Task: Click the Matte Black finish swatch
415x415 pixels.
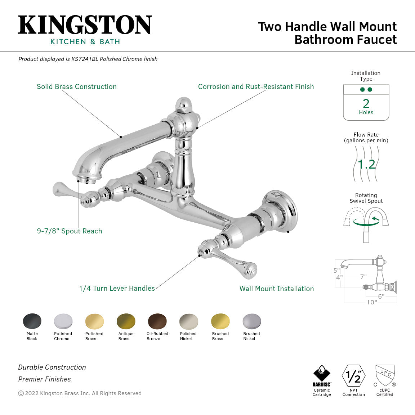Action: coord(32,321)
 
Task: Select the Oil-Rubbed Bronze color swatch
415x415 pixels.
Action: coord(157,321)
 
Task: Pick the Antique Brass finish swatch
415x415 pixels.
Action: coord(126,321)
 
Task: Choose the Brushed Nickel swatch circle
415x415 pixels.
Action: coord(251,321)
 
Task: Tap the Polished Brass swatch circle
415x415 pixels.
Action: coord(94,321)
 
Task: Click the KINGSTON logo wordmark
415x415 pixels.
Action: coord(85,25)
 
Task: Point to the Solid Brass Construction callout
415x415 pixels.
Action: coord(77,87)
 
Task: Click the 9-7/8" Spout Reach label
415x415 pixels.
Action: coord(70,231)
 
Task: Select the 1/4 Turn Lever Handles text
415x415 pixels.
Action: coord(117,289)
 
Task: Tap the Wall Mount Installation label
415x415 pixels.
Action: coord(277,289)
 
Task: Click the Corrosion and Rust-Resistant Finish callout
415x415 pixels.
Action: coord(256,87)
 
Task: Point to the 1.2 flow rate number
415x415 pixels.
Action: coord(366,165)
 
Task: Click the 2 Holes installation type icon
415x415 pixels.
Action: coord(366,103)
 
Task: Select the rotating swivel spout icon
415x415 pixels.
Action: coord(366,223)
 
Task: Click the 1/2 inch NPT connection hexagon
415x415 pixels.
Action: coord(353,376)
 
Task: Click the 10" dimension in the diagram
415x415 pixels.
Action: coord(371,302)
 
